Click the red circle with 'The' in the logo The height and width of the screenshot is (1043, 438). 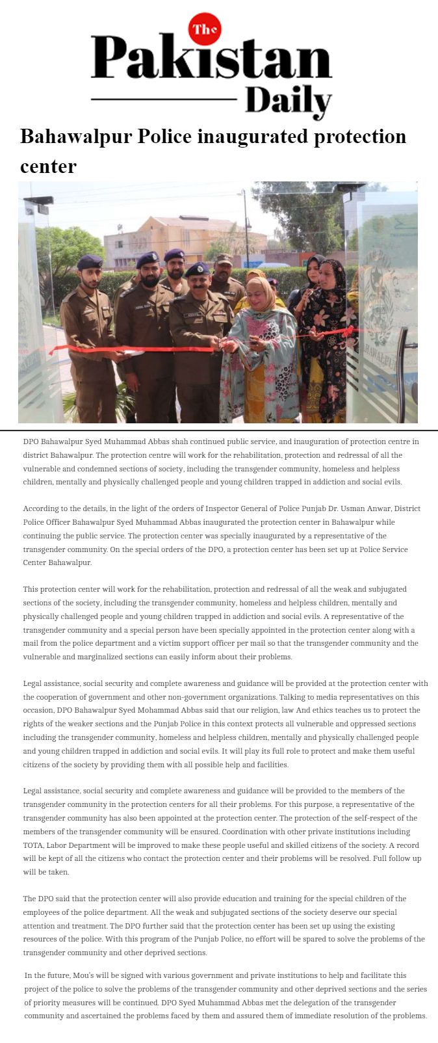click(x=205, y=29)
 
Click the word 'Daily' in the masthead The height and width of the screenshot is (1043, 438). click(x=289, y=101)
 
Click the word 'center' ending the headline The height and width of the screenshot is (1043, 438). click(x=48, y=166)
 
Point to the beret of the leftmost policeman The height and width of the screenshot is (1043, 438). click(x=90, y=262)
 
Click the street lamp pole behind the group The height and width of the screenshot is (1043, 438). click(x=245, y=221)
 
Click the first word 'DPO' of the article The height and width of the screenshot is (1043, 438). click(x=31, y=442)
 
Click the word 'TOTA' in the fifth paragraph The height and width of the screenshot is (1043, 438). click(x=34, y=845)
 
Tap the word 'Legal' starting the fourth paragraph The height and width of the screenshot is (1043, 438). click(x=33, y=683)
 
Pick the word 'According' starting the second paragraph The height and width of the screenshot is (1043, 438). click(x=40, y=508)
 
